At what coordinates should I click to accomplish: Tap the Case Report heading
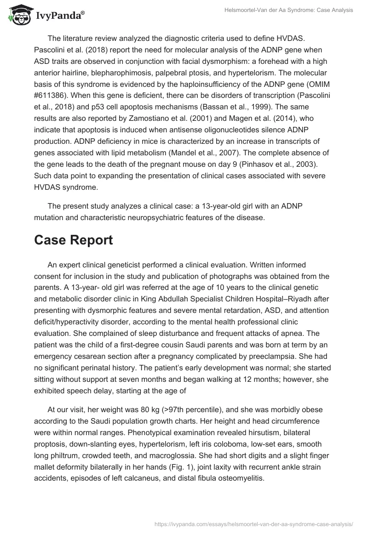pyautogui.click(x=74, y=241)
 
